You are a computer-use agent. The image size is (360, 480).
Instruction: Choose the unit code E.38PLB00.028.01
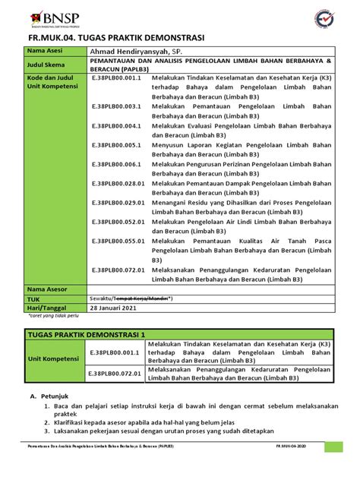coord(119,184)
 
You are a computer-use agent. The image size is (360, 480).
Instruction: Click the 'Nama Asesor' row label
coord(47,289)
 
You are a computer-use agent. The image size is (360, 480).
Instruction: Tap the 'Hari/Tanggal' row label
coord(47,310)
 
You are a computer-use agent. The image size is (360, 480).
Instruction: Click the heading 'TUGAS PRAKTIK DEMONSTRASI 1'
coord(86,334)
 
